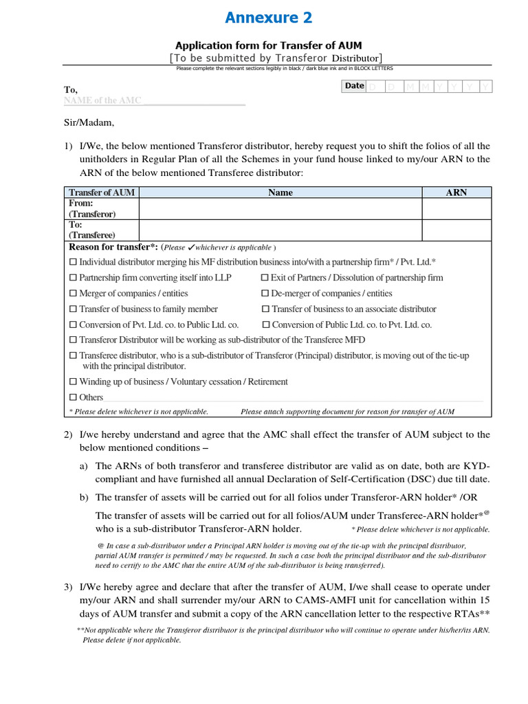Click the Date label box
354,86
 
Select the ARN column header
456,192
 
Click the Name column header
280,192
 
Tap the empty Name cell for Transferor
280,208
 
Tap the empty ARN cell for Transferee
456,230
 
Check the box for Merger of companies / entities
74,294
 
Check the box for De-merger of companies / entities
265,294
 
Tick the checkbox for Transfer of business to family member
74,309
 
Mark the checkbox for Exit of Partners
265,278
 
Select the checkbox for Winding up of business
74,382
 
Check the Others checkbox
74,397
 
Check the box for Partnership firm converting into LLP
74,278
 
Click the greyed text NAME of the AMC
102,100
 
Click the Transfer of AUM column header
102,192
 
